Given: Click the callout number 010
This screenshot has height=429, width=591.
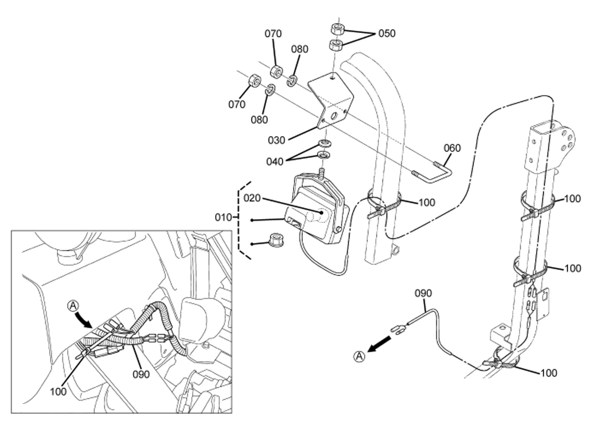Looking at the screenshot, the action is coord(223,217).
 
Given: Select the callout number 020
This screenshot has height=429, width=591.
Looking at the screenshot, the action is coord(252,198).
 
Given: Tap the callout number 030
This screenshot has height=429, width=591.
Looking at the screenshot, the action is coord(277,140).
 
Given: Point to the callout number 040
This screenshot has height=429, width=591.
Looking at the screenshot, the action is coord(275,162).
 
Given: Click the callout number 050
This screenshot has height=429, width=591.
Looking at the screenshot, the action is coord(387,33).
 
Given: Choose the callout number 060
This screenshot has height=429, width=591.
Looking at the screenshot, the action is coord(452,148).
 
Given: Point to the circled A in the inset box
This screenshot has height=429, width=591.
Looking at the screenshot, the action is coord(73,305).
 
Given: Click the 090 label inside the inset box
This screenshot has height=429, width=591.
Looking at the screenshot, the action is coord(141,374).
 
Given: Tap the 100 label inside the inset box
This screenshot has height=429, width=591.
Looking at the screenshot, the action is coord(58,391).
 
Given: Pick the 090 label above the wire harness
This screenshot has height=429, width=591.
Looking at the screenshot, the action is coord(423,293).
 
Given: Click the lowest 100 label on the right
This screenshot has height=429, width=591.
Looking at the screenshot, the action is coord(549,373).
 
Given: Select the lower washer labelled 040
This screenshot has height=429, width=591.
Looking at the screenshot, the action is coord(324,155).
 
